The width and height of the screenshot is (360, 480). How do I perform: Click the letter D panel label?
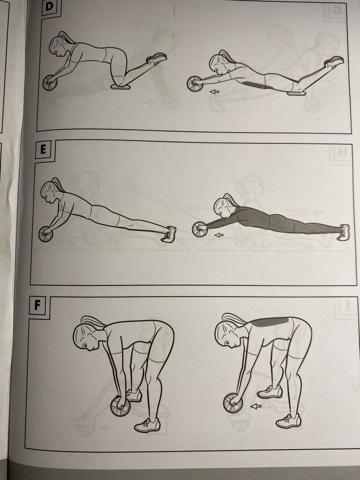click(49, 7)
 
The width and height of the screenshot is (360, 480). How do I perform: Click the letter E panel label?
click(43, 150)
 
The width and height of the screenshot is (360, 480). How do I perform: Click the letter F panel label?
click(37, 306)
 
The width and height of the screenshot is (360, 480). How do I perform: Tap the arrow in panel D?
click(214, 91)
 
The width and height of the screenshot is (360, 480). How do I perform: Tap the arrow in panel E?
click(219, 235)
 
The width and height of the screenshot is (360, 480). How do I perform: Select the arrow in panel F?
click(256, 406)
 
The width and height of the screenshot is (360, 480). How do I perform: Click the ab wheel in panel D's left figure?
click(50, 83)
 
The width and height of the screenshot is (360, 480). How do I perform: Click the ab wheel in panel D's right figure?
click(195, 84)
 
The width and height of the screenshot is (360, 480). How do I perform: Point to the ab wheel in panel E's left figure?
click(46, 234)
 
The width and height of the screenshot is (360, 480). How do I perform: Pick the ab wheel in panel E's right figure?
click(200, 229)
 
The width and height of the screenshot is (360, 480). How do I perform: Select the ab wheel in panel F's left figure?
click(121, 406)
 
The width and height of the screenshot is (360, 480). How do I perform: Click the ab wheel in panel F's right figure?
click(233, 403)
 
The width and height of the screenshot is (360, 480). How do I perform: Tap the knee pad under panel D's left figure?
click(121, 87)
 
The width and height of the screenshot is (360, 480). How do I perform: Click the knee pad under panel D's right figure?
click(297, 93)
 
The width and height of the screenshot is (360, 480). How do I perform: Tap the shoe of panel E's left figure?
click(169, 234)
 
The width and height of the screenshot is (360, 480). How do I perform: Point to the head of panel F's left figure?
click(86, 335)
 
